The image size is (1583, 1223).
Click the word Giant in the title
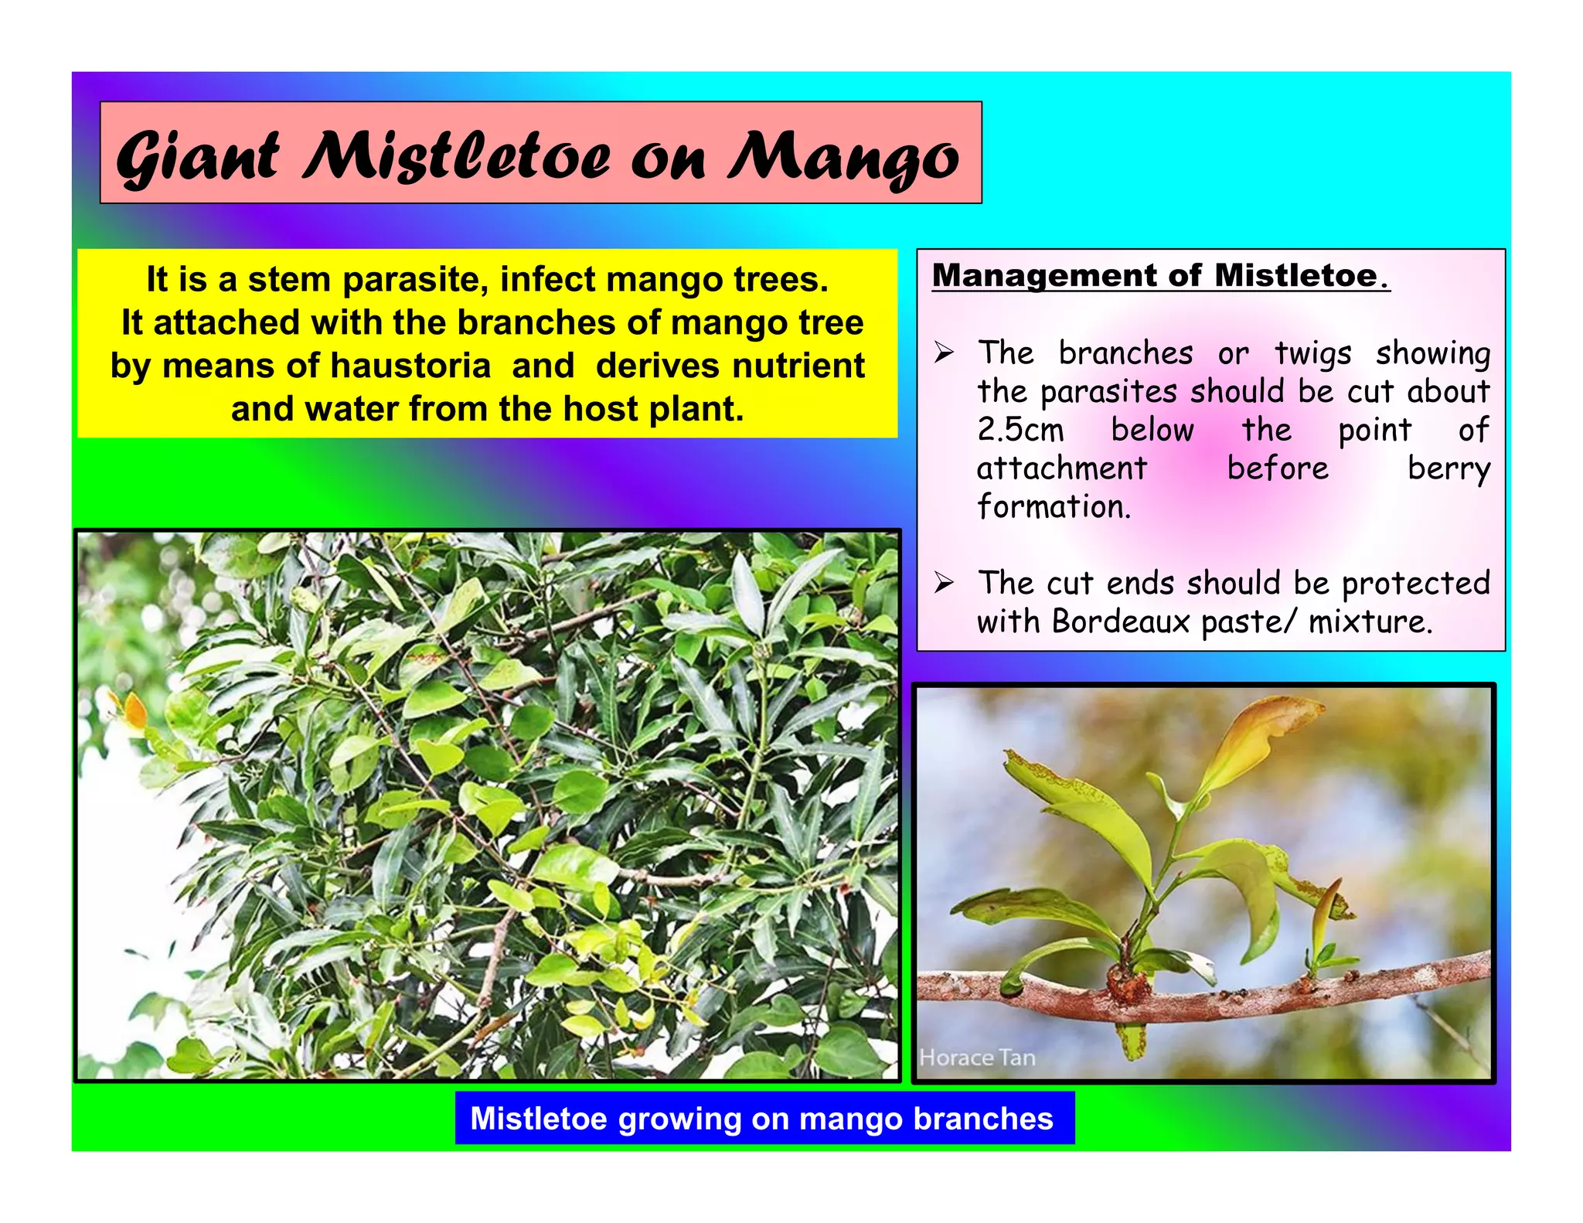[197, 157]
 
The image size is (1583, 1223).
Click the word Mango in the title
[843, 157]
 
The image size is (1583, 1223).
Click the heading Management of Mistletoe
[1159, 276]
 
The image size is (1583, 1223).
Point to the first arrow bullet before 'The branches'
[944, 353]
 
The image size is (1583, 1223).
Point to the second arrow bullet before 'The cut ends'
[944, 582]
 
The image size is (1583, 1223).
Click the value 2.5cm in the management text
[1020, 430]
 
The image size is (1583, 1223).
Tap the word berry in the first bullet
[1448, 468]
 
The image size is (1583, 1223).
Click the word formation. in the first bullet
[1054, 506]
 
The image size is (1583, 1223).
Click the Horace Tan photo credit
[977, 1058]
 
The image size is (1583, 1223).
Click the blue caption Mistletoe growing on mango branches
[764, 1118]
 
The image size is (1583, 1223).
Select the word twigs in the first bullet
[1312, 353]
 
